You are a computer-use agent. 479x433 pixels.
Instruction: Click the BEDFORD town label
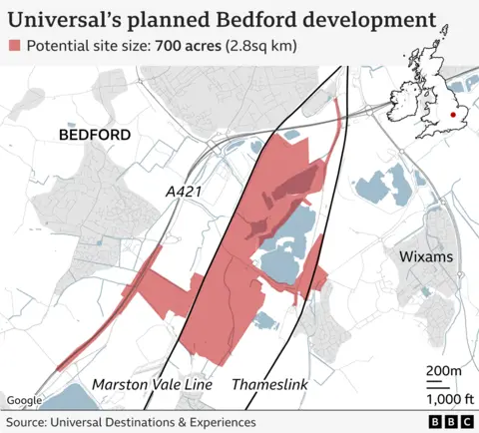pos(96,134)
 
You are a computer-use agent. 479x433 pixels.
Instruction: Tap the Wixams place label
pos(426,256)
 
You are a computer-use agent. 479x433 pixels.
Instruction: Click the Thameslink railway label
pos(269,384)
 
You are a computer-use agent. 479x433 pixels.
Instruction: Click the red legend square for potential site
pos(14,46)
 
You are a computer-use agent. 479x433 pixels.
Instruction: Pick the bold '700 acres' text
pos(187,46)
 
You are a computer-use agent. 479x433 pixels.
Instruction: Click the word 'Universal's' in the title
pos(66,19)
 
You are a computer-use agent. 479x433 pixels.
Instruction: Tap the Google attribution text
pos(24,401)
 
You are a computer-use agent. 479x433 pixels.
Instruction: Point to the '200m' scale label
pos(443,371)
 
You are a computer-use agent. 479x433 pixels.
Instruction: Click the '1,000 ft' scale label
pos(443,396)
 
